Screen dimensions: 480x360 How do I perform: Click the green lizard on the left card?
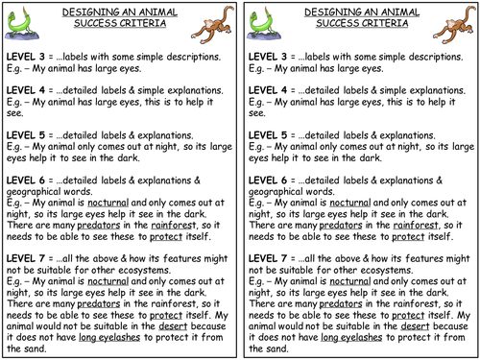click(27, 24)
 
